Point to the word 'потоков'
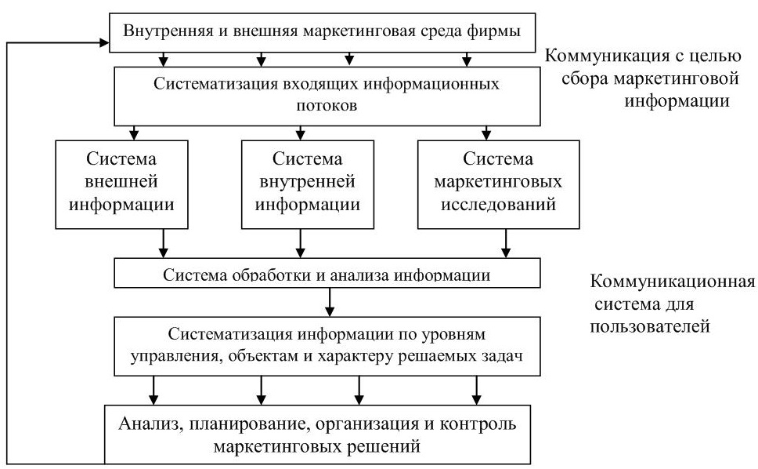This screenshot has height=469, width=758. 327,106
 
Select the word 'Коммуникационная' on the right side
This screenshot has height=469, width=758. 672,282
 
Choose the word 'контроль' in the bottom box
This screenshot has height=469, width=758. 478,424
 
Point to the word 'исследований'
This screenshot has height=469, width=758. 498,204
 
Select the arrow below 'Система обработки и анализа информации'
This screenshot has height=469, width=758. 330,302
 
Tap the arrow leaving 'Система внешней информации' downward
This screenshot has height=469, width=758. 164,243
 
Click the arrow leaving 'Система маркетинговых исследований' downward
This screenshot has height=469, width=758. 506,243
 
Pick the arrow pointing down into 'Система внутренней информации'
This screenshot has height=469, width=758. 300,133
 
